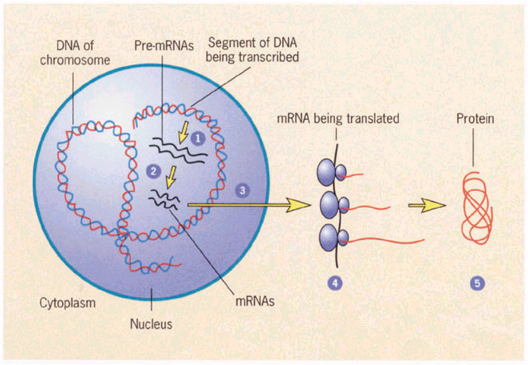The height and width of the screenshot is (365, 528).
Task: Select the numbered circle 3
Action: click(x=241, y=191)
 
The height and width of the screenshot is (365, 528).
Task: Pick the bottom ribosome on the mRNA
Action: click(x=330, y=238)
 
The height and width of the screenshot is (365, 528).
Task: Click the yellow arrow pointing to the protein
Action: click(x=427, y=205)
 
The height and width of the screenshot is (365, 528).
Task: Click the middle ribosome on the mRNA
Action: click(x=331, y=205)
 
